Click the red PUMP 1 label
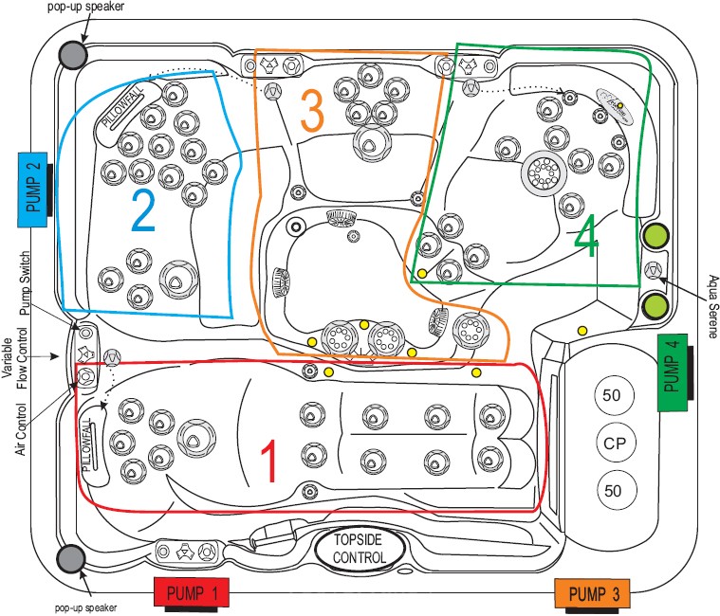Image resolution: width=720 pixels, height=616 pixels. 194,593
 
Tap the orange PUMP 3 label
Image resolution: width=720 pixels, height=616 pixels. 595,594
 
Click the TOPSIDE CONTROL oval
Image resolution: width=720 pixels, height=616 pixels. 360,548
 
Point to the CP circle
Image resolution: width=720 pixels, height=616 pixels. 613,442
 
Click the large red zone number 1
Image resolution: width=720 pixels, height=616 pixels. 269,462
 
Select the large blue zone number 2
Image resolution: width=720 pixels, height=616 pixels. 141,212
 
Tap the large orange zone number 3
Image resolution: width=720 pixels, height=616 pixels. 312,113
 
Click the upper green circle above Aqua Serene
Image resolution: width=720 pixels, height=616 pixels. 655,235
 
